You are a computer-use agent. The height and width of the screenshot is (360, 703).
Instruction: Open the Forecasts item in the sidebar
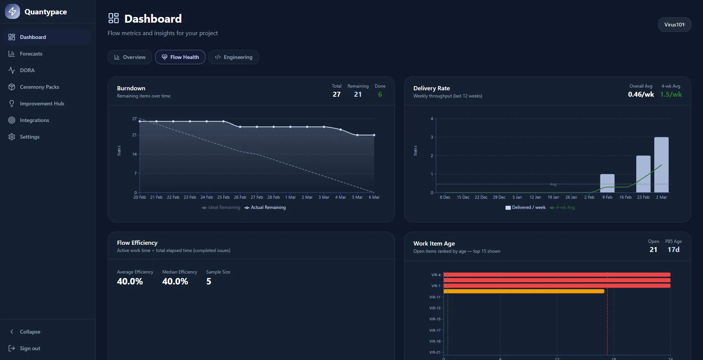tap(31, 54)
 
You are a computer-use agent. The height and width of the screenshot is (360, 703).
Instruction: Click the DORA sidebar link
tap(27, 70)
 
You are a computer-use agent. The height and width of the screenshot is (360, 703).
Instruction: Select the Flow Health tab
tap(180, 57)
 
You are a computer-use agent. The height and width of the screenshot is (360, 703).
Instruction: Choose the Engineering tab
tap(233, 57)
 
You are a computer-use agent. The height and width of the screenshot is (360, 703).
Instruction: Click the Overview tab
tap(129, 57)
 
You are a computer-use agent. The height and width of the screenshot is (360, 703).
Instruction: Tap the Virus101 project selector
tap(674, 25)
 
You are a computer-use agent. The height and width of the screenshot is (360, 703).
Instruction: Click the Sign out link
tap(30, 348)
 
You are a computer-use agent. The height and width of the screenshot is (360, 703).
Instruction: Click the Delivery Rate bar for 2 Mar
tap(661, 165)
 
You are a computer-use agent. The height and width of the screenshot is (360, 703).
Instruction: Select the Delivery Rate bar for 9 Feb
tap(607, 183)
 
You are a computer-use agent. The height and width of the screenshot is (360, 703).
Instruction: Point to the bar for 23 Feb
tap(643, 174)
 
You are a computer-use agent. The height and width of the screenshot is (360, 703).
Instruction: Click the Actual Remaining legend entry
tap(265, 207)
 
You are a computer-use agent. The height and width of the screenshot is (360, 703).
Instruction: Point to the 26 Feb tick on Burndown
tap(240, 197)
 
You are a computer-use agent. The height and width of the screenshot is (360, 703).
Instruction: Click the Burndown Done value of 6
tap(380, 94)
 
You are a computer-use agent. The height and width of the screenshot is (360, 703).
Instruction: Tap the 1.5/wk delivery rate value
tap(671, 94)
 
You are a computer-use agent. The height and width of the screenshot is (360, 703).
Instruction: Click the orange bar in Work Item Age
tap(524, 291)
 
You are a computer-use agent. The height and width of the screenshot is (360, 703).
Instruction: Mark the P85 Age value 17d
tap(674, 250)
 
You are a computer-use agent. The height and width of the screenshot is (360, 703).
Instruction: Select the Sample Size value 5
tap(209, 281)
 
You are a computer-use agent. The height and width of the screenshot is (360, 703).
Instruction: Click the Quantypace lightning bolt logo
tap(12, 11)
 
